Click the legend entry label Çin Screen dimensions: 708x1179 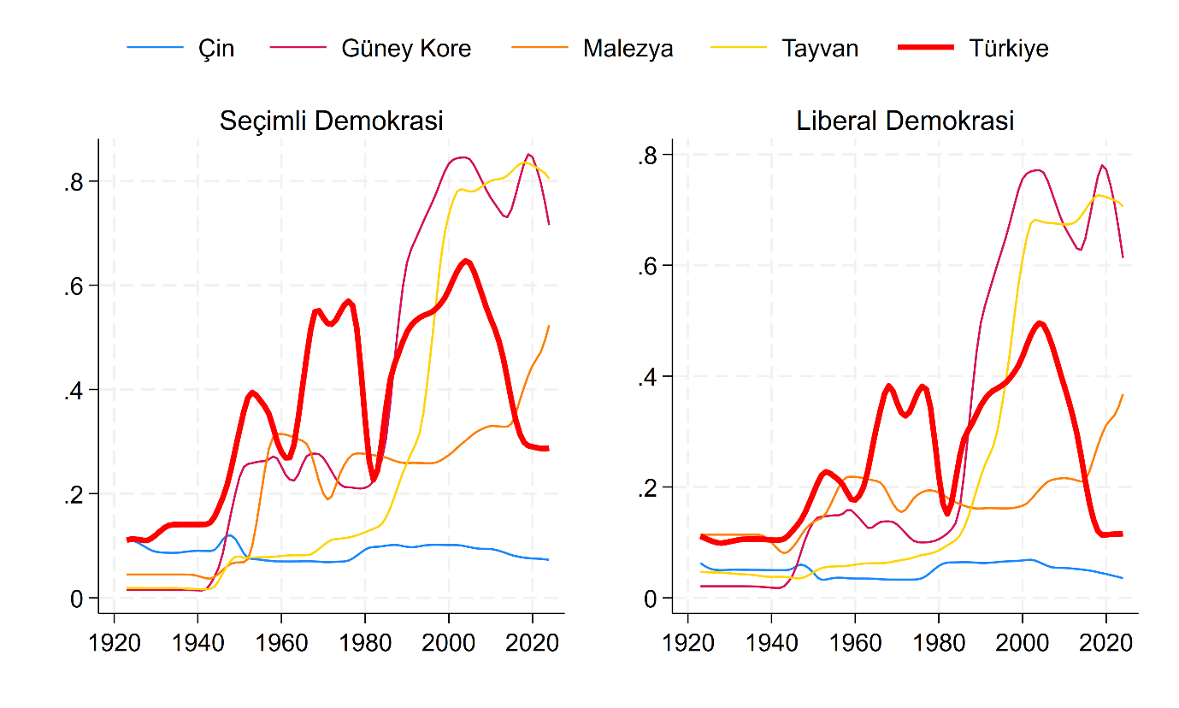pyautogui.click(x=217, y=49)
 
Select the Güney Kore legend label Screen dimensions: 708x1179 pyautogui.click(x=406, y=49)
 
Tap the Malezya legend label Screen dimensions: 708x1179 pyautogui.click(x=628, y=49)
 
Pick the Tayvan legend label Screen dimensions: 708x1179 pyautogui.click(x=819, y=49)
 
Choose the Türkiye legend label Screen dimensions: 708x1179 pyautogui.click(x=1008, y=49)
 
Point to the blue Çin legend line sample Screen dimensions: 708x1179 pyautogui.click(x=155, y=49)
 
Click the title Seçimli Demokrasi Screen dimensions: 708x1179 pyautogui.click(x=331, y=121)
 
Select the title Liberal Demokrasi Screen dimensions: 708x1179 pyautogui.click(x=905, y=121)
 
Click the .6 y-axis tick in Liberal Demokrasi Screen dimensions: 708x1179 pyautogui.click(x=649, y=265)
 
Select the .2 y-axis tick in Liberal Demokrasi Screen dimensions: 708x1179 pyautogui.click(x=649, y=487)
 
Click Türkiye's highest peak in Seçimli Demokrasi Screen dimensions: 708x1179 pyautogui.click(x=465, y=261)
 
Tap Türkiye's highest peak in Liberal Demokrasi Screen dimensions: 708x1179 pyautogui.click(x=1040, y=322)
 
